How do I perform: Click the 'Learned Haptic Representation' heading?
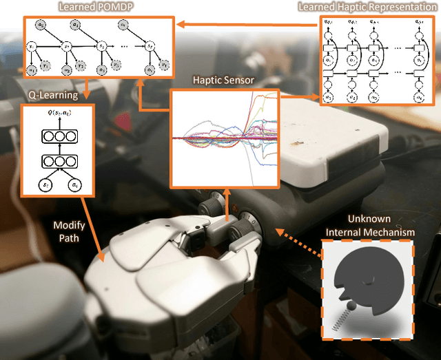(x=366, y=7)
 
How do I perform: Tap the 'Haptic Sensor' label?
(x=225, y=80)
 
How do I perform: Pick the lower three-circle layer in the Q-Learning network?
(x=58, y=163)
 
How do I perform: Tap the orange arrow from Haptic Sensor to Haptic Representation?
(x=298, y=96)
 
